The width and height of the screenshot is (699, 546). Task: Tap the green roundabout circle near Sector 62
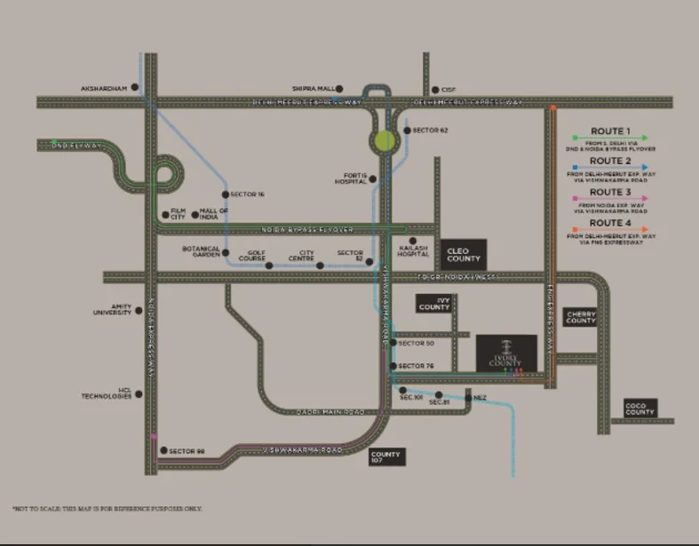click(x=385, y=140)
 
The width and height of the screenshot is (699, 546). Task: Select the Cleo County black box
click(x=464, y=255)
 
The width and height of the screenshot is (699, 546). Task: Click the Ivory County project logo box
click(x=506, y=352)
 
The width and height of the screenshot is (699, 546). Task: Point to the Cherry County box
click(x=580, y=317)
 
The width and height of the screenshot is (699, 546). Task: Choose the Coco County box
click(x=639, y=408)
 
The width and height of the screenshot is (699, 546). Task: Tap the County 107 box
click(x=386, y=457)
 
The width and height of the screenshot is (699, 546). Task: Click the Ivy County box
click(x=434, y=304)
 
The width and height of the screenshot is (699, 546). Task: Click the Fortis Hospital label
click(x=350, y=178)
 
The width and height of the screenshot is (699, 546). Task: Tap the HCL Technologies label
click(x=107, y=394)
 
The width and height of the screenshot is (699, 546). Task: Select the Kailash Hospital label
click(x=413, y=251)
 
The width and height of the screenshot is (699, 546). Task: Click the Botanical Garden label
click(x=201, y=251)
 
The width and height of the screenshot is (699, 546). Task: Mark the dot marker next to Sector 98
click(x=163, y=451)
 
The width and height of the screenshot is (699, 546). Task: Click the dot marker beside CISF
click(x=434, y=90)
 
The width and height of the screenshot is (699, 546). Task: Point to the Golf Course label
click(x=258, y=255)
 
